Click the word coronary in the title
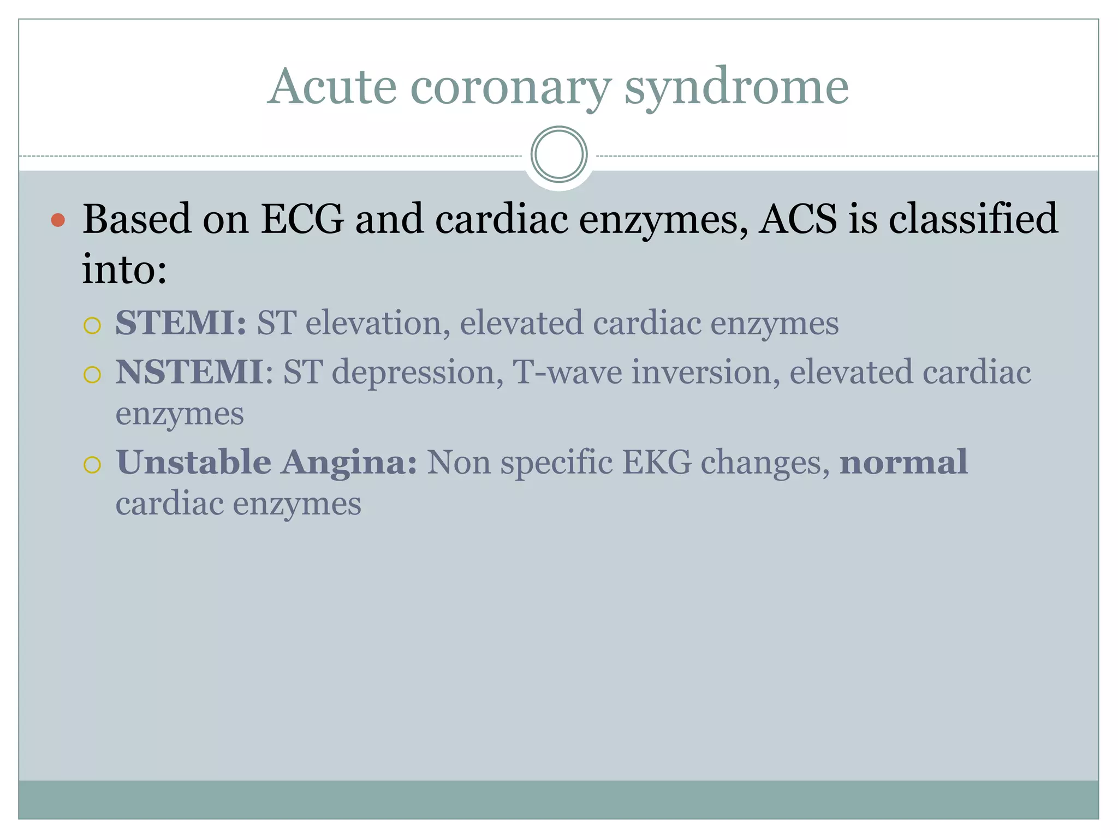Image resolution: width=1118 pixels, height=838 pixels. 510,87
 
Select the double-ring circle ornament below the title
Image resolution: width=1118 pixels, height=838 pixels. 558,154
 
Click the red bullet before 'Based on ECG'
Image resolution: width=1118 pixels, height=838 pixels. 58,220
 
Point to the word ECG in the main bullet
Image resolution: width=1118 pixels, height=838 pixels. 302,219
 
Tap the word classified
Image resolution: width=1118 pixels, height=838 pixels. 973,219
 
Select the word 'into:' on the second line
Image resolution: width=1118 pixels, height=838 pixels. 124,269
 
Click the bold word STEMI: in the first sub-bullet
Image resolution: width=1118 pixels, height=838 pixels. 181,322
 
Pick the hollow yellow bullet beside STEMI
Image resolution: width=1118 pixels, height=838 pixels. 92,326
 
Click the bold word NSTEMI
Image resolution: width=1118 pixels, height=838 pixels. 189,372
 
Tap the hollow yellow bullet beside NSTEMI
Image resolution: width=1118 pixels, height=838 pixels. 92,375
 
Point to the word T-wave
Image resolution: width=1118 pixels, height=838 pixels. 567,372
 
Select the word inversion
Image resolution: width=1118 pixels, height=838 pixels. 705,372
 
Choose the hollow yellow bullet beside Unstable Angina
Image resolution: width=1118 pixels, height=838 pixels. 92,465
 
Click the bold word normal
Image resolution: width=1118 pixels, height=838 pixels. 903,463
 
